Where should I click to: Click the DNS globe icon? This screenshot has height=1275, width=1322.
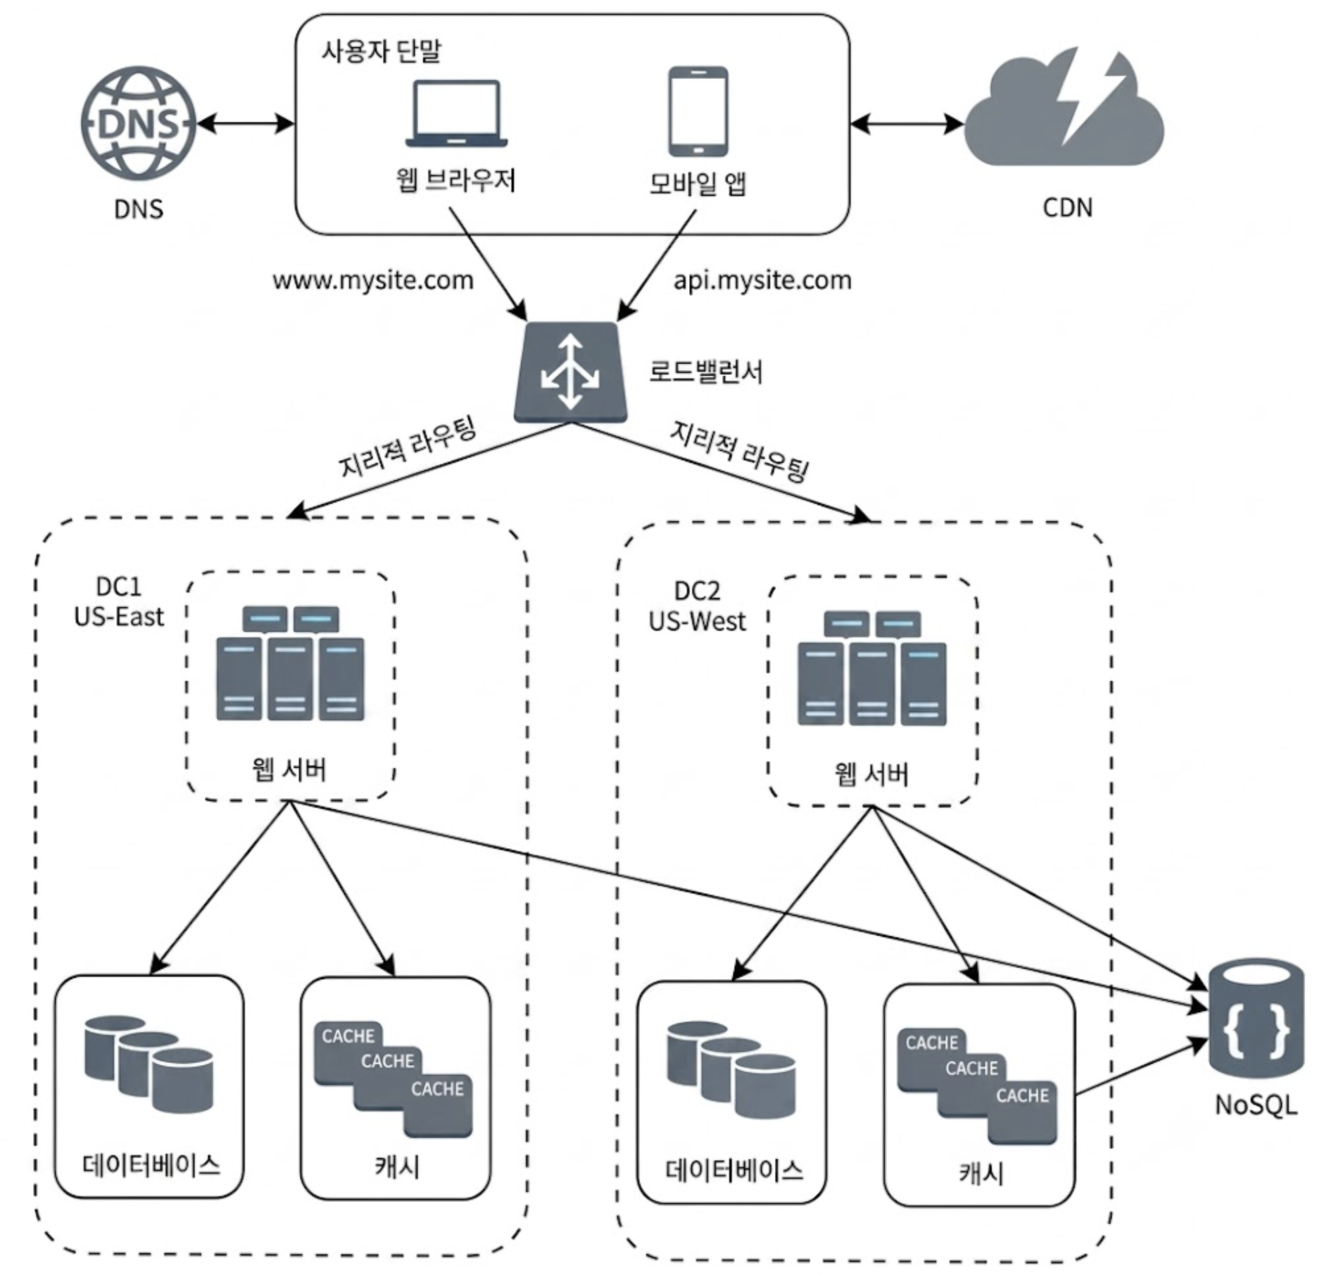coord(139,123)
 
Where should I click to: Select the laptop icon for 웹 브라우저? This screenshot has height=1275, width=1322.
coord(456,113)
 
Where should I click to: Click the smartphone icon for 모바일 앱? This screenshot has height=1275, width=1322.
coord(698,111)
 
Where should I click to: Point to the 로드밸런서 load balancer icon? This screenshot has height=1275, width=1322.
coord(570,372)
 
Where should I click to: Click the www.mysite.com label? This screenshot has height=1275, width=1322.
coord(373,280)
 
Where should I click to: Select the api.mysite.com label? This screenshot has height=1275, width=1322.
coord(762,280)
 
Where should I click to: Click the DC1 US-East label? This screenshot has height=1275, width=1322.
coord(118,602)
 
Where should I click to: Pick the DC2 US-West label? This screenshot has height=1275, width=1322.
coord(697,607)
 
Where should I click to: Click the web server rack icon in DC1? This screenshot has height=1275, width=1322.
coord(290,663)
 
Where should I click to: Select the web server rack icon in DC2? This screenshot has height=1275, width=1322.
coord(871,668)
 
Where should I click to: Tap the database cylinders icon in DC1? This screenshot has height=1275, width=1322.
coord(149,1064)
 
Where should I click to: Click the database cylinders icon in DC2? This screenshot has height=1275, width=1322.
coord(731,1070)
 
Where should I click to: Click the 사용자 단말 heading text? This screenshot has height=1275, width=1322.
coord(382,51)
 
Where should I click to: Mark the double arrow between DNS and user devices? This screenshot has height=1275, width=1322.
coord(246,124)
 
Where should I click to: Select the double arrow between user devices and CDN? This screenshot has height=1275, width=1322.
coord(907,125)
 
